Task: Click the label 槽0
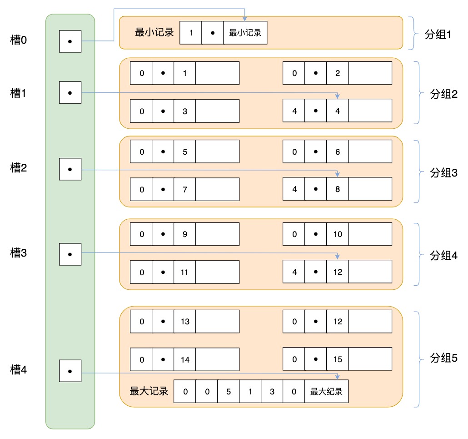[19, 40]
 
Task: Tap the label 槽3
[19, 253]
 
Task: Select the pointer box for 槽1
[70, 92]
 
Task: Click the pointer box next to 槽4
[70, 371]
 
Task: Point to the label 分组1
[440, 34]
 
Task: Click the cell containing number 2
[338, 73]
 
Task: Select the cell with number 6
[338, 151]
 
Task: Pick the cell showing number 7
[185, 189]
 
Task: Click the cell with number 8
[338, 189]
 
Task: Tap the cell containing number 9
[185, 234]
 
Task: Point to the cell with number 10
[338, 234]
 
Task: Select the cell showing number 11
[185, 272]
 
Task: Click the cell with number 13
[185, 322]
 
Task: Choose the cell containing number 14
[185, 359]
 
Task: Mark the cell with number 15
[338, 359]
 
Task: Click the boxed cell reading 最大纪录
[326, 392]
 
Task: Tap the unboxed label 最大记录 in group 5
[149, 391]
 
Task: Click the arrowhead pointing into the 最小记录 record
[245, 19]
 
